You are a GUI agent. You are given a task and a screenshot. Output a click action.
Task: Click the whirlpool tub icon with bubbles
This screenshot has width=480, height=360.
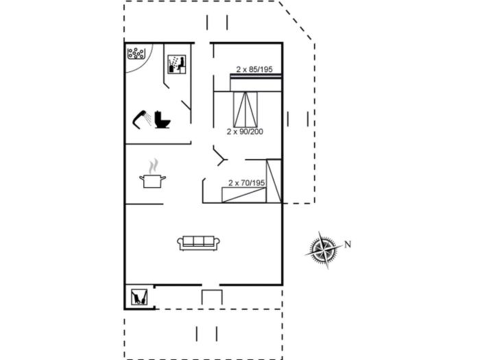click(136, 53)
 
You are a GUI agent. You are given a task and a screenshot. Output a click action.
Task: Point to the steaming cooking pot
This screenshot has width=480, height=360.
click(153, 180)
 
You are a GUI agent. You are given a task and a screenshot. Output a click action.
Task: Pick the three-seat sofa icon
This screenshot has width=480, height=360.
click(199, 243)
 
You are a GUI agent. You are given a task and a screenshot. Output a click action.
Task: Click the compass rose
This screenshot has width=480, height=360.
click(323, 250)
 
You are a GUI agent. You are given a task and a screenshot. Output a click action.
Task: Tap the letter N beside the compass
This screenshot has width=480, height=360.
click(348, 244)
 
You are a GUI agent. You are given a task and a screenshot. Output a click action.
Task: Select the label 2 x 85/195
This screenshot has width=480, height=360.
click(254, 69)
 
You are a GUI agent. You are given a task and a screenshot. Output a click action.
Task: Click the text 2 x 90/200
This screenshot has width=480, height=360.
click(245, 131)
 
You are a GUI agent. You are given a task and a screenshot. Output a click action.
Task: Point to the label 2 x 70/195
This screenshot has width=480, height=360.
click(246, 182)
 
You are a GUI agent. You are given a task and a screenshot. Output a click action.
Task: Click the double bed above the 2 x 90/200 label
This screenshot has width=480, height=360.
click(246, 108)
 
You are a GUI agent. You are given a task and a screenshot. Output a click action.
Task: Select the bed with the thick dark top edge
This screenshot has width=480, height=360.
click(255, 82)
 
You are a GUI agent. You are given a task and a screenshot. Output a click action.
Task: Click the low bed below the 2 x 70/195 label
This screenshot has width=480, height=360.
click(243, 195)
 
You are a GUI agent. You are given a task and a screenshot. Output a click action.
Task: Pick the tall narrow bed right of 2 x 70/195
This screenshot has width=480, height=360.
click(274, 180)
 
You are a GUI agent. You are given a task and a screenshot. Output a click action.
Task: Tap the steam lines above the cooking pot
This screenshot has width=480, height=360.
click(154, 165)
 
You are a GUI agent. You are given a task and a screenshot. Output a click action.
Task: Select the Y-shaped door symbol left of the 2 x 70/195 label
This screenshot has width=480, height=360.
click(219, 157)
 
